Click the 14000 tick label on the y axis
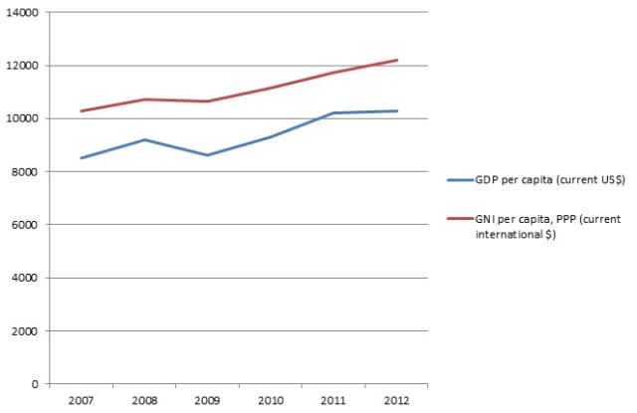[22, 13]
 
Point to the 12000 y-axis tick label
[22, 66]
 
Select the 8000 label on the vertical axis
[25, 172]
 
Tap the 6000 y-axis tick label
[25, 225]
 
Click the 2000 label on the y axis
[25, 330]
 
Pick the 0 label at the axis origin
[35, 384]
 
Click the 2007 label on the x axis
[81, 400]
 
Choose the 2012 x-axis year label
[397, 400]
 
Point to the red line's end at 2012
[397, 60]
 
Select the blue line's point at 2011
[332, 113]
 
